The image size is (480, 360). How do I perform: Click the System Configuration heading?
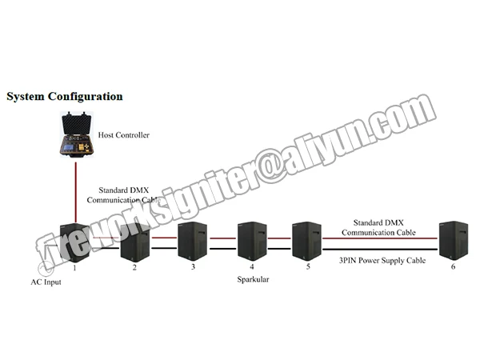tap(65, 97)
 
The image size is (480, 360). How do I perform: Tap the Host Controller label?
tap(123, 135)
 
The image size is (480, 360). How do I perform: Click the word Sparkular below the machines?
tap(252, 282)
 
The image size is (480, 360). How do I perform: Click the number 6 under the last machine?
tap(453, 266)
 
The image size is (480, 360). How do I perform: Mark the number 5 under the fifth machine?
tap(308, 266)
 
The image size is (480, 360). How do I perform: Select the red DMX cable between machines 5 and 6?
tap(380, 238)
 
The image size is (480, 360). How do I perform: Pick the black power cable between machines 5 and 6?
tap(380, 248)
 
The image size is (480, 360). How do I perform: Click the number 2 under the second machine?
tap(134, 267)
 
